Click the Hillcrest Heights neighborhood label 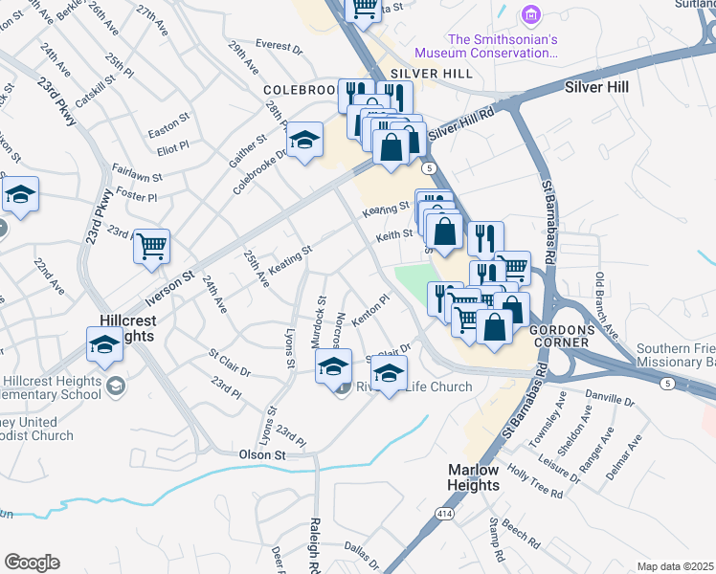pos(127,331)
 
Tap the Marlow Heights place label pos(475,477)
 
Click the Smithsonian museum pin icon pos(529,15)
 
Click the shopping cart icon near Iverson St pos(151,248)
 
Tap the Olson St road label pos(262,455)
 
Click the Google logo pos(32,563)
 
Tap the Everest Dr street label pos(279,45)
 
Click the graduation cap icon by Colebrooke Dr pos(305,143)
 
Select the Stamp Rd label pos(497,539)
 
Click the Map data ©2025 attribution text pos(675,566)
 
